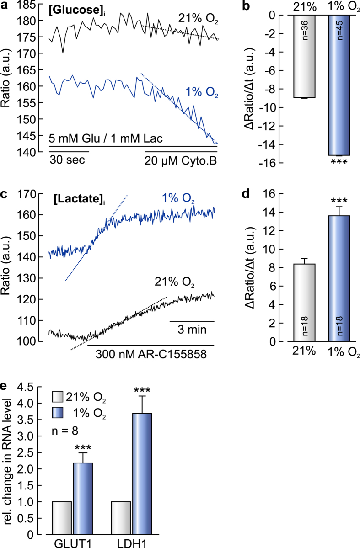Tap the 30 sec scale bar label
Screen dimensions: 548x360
click(x=68, y=161)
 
